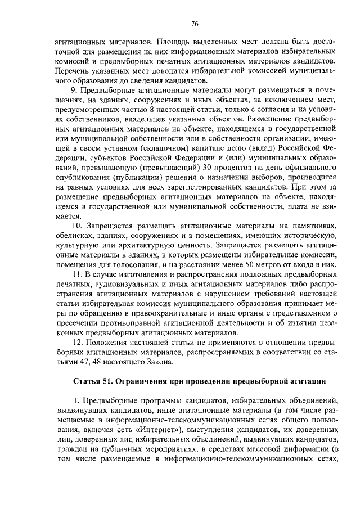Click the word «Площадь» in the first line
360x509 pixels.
pos(176,42)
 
